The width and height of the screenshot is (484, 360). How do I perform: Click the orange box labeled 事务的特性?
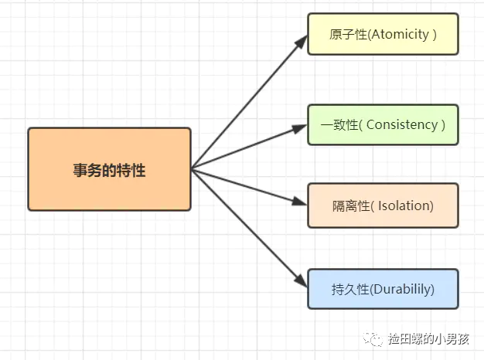[x=109, y=169]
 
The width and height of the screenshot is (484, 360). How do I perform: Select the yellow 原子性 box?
[x=383, y=34]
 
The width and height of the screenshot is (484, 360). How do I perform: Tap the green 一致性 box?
[x=383, y=124]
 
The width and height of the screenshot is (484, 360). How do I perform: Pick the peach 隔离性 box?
[x=383, y=205]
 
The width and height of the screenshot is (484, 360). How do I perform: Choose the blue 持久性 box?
[x=383, y=289]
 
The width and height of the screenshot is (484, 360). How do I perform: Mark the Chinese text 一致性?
[x=337, y=125]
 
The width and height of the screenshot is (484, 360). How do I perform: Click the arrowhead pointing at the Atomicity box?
[x=302, y=39]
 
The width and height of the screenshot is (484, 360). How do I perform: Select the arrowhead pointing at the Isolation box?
[x=302, y=203]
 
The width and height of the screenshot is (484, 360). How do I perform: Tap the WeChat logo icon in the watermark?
[x=375, y=338]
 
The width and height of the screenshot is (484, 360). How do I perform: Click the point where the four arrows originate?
[x=192, y=168]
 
